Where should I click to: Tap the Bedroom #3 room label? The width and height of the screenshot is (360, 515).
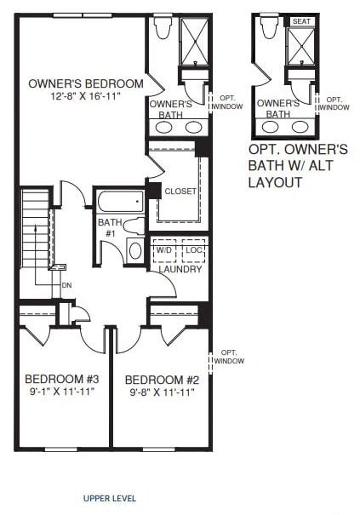pos(62,379)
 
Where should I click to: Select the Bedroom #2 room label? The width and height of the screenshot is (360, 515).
pos(162,380)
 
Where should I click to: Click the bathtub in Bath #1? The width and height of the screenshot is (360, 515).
pos(121,202)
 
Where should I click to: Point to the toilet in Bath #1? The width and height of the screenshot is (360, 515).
pos(134,226)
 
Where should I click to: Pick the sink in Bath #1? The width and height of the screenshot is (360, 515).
pos(135,251)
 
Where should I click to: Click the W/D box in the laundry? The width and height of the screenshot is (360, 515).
pos(164,250)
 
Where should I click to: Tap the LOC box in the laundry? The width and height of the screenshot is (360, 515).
pos(193,250)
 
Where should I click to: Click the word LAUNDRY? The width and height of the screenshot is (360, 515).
pos(180,269)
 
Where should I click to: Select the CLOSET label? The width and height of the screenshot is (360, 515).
pos(180,192)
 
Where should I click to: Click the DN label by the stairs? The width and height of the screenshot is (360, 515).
pos(66,285)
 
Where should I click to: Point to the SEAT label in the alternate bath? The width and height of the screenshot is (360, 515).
pos(301,21)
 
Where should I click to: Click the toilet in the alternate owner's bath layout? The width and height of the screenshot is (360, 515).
pos(269,26)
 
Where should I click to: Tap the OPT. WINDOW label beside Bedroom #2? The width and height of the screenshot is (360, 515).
pos(229,357)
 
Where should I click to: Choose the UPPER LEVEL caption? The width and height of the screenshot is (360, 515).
pos(110,498)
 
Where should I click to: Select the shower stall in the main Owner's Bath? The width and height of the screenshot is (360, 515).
pos(195,42)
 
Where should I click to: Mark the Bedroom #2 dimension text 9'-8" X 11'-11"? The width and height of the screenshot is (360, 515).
pos(162,392)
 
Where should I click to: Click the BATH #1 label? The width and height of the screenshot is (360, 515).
pos(110,227)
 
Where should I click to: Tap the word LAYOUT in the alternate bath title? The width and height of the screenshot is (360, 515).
pos(275,182)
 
